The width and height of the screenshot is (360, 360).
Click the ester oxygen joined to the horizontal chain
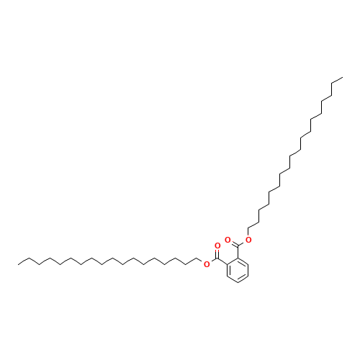click(x=207, y=264)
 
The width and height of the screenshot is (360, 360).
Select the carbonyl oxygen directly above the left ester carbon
click(x=217, y=246)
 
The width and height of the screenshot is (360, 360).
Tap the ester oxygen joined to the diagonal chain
click(x=248, y=240)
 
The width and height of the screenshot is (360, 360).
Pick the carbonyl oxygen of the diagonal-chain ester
click(x=228, y=240)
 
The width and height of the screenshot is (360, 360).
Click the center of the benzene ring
click(x=238, y=271)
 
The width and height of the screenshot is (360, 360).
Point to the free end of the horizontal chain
click(x=18, y=265)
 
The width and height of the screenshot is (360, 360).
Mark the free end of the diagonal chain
click(x=343, y=77)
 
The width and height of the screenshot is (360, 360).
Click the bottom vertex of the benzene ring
click(x=238, y=283)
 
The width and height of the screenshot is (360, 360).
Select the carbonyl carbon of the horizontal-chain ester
click(x=217, y=258)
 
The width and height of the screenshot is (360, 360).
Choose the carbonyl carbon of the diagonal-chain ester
click(x=238, y=246)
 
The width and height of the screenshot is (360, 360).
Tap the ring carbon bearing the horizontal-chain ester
click(x=228, y=264)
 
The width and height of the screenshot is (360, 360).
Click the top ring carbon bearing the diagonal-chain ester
click(x=238, y=258)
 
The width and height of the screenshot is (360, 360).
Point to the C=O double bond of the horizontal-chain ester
click(x=217, y=253)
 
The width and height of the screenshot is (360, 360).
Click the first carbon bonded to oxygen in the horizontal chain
click(x=197, y=258)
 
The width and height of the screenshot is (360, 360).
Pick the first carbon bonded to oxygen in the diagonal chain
click(x=248, y=228)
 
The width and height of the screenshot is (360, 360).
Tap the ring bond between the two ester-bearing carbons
click(x=233, y=261)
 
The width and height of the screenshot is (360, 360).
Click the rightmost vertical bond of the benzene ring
click(x=248, y=271)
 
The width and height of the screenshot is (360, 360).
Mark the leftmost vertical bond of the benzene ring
click(x=228, y=271)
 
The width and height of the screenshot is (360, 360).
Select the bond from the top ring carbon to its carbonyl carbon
click(x=238, y=252)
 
